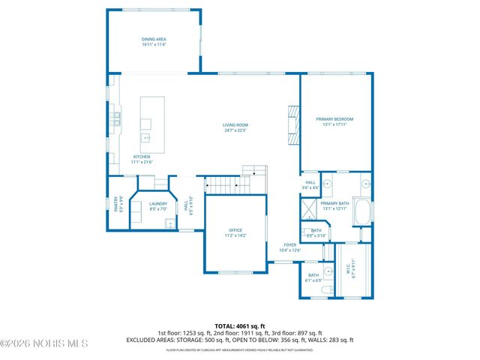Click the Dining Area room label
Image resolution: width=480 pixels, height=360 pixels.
pyautogui.click(x=153, y=42)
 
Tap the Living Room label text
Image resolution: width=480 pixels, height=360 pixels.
pyautogui.click(x=234, y=127)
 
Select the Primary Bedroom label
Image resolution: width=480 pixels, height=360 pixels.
pyautogui.click(x=334, y=121)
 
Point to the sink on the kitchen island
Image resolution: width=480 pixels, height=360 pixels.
pyautogui.click(x=146, y=138)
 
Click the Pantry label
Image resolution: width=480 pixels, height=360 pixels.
pyautogui.click(x=116, y=203)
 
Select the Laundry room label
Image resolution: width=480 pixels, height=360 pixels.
pyautogui.click(x=157, y=205)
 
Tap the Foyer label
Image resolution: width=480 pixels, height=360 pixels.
pyautogui.click(x=289, y=247)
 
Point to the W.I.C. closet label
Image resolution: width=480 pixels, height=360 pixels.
pyautogui.click(x=347, y=271)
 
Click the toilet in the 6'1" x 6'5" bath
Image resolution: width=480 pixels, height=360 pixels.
pyautogui.click(x=326, y=290)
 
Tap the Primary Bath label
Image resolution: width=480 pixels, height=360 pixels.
pyautogui.click(x=334, y=205)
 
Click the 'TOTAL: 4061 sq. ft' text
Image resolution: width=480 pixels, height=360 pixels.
pyautogui.click(x=239, y=325)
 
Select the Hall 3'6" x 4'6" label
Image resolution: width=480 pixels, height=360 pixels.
pyautogui.click(x=310, y=184)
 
